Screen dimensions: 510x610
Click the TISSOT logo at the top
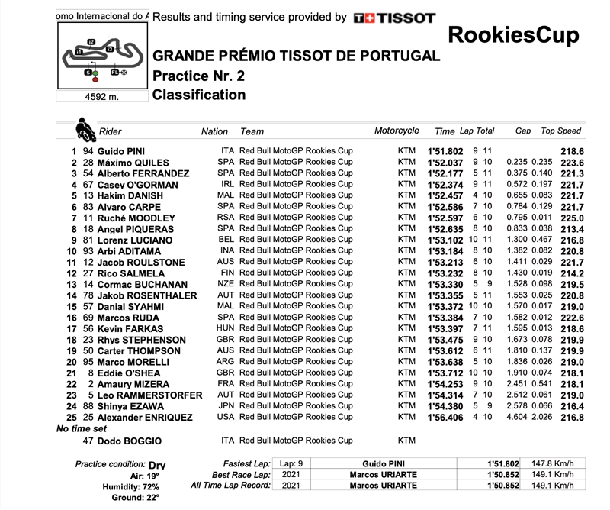click(x=394, y=18)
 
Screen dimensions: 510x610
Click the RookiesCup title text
click(x=512, y=35)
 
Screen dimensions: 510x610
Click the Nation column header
click(x=214, y=131)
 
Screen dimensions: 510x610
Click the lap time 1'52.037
click(x=446, y=163)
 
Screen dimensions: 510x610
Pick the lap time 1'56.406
click(x=446, y=418)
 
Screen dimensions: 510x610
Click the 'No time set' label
click(x=82, y=429)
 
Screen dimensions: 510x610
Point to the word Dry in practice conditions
click(x=157, y=464)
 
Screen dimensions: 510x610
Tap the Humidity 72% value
click(x=151, y=486)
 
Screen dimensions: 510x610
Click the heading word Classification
click(x=199, y=95)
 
